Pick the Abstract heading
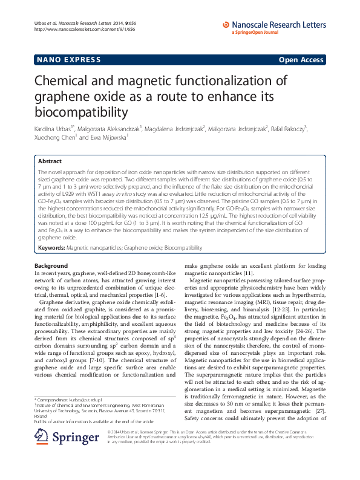point(50,162)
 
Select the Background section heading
point(51,266)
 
